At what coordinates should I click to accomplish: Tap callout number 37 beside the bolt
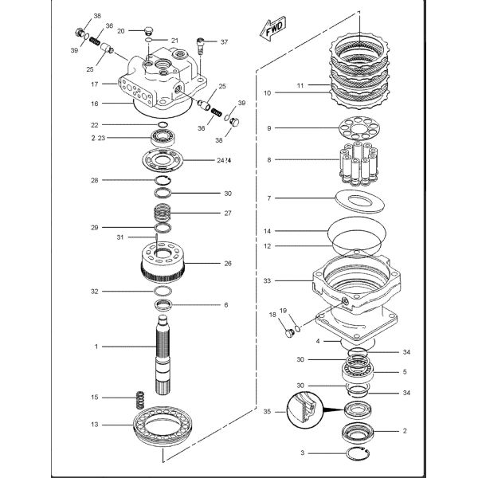pos(224,41)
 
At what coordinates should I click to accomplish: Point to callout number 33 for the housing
pos(268,280)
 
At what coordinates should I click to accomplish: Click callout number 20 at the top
pos(122,30)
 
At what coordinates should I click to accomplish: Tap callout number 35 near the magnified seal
pos(268,413)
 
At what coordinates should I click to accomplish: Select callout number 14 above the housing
pos(268,231)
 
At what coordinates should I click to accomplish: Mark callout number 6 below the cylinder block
pos(225,304)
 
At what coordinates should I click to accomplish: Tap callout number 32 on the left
pos(95,292)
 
